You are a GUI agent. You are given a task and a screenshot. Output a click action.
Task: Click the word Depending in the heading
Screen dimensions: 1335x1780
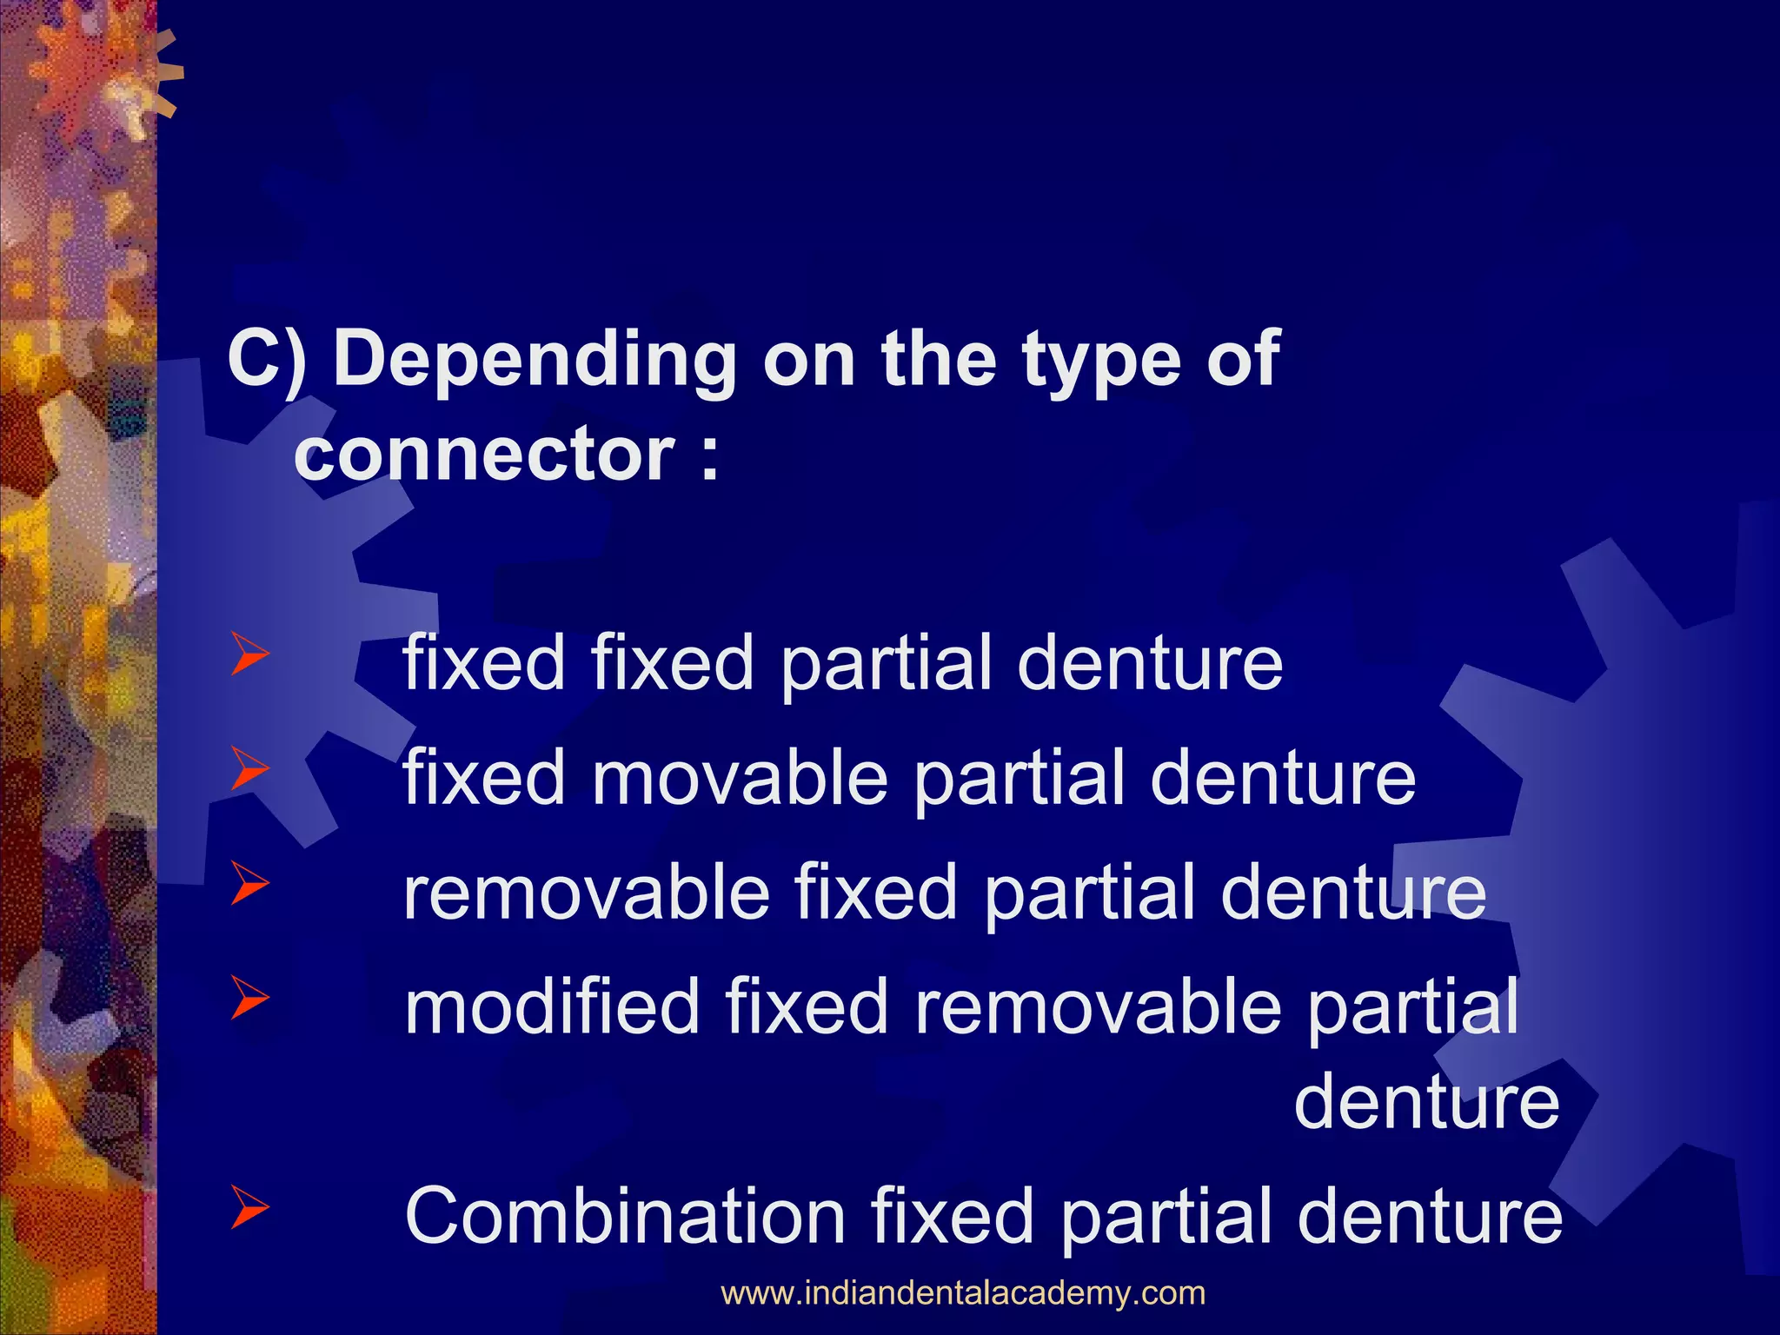534,361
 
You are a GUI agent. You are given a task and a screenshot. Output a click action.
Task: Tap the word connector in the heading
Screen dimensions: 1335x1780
484,454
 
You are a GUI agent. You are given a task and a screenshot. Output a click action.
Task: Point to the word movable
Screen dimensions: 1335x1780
740,777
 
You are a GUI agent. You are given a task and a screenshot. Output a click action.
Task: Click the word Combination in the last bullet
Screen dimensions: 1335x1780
625,1215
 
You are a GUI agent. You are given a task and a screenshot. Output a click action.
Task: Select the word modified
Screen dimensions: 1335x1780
552,1006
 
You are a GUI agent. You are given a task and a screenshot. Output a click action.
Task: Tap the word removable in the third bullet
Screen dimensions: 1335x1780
587,893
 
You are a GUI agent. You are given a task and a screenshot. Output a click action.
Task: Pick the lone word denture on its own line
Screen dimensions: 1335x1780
1426,1101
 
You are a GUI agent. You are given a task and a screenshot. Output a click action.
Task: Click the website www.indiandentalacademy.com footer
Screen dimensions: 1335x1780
963,1293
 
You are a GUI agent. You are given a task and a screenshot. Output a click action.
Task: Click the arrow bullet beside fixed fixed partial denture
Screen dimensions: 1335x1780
249,656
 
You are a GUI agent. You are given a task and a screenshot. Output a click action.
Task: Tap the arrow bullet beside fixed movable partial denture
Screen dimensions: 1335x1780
249,770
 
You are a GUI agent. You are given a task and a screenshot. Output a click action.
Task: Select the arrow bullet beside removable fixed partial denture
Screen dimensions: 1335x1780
249,885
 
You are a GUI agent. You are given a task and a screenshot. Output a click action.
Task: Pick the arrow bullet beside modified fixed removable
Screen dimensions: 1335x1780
249,999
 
